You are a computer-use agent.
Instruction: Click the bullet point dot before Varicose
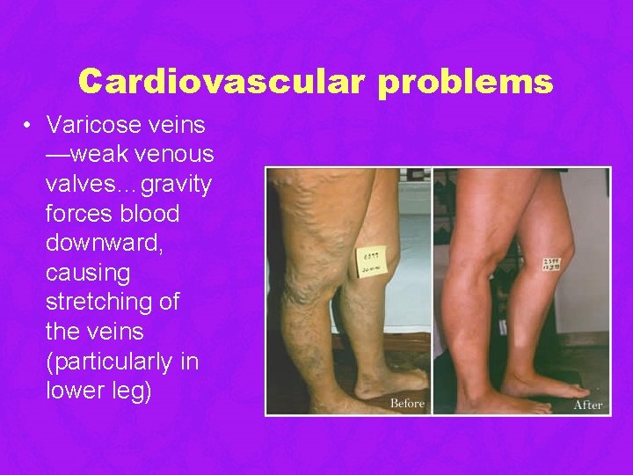pos(29,125)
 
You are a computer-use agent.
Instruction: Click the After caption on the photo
pos(587,405)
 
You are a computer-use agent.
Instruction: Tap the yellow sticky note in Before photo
pos(369,261)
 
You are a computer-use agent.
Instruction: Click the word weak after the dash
pos(98,155)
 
